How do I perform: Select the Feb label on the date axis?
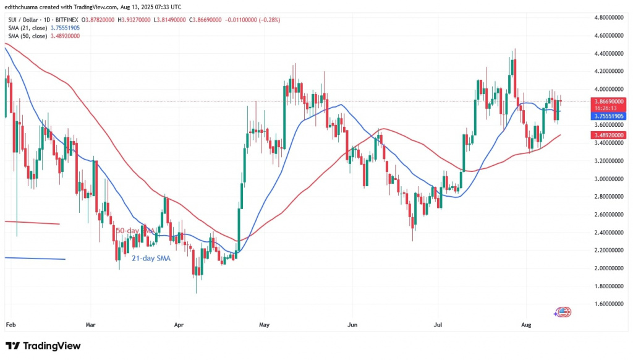pos(10,324)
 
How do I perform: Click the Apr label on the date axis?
pos(179,324)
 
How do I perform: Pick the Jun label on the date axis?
pos(352,324)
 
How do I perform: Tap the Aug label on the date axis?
pos(525,324)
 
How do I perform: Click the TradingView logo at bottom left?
pos(43,346)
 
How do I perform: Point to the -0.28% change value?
pos(270,20)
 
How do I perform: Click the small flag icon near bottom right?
pos(563,312)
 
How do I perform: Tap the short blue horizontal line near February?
pos(34,259)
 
